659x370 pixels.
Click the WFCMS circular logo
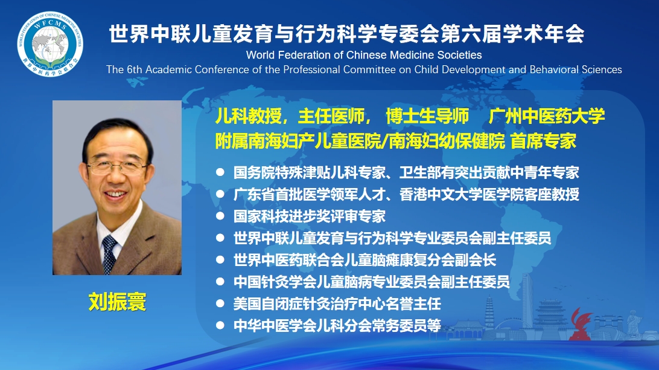[50, 44]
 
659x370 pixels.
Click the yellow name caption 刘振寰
[117, 302]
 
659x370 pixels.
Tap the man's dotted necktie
[109, 255]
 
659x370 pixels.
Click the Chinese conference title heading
[347, 33]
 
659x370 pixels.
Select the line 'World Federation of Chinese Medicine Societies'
[364, 55]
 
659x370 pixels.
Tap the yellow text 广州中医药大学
[546, 116]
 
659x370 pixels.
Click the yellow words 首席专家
[543, 141]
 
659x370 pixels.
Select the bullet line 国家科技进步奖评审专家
[310, 216]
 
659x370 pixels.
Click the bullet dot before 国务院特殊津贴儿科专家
[220, 172]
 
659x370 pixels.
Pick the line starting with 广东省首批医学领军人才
[406, 195]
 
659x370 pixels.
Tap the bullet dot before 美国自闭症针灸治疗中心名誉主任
[220, 303]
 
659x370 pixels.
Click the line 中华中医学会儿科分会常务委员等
[337, 326]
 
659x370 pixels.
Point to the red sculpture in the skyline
[581, 324]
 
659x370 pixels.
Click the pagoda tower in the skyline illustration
[489, 314]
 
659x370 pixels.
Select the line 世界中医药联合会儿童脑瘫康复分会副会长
[365, 260]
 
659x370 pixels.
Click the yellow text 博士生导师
[427, 116]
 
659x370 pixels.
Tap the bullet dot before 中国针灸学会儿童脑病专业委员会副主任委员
[220, 281]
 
